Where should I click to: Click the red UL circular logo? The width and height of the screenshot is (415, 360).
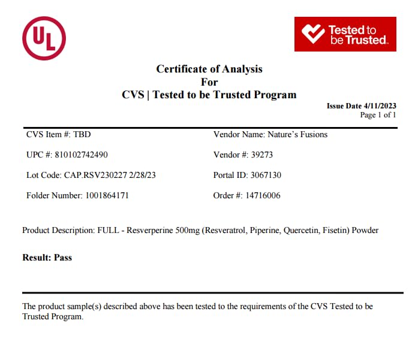tap(44, 38)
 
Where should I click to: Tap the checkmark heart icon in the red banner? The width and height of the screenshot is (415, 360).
tap(312, 34)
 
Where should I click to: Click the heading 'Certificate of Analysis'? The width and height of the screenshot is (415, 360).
tap(209, 69)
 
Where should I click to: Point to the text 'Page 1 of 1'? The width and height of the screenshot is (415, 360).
tap(378, 115)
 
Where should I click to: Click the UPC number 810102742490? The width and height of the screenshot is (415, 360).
tap(81, 155)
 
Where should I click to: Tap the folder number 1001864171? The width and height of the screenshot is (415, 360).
tap(103, 195)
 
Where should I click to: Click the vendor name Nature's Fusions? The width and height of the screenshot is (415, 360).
tap(297, 134)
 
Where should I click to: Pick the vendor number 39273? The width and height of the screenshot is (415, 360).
tap(261, 155)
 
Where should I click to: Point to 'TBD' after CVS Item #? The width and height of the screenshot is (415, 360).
tap(82, 134)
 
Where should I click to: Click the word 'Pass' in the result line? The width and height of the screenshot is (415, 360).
tap(62, 258)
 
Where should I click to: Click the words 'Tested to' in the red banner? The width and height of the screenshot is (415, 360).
tap(352, 30)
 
